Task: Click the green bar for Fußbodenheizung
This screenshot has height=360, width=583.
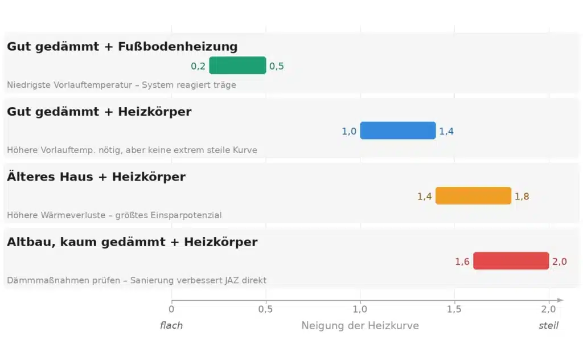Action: pos(237,66)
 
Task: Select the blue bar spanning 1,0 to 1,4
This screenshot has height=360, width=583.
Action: pos(397,130)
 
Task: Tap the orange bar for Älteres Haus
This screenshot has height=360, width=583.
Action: pos(473,196)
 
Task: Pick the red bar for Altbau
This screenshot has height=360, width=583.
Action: pos(511,261)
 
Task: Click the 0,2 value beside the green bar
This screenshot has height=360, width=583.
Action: pos(198,66)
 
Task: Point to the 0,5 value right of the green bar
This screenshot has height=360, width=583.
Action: pos(277,66)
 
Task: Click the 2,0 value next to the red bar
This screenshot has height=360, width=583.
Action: pos(559,261)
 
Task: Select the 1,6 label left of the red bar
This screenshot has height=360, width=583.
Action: pos(462,261)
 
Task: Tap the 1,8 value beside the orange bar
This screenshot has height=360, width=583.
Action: pos(522,197)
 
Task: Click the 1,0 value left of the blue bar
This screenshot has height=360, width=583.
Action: pos(349,131)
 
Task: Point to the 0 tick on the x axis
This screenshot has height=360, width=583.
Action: pos(171,309)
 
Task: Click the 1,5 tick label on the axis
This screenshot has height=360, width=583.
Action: pos(454,309)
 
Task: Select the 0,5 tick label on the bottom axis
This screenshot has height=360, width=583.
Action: pos(266,309)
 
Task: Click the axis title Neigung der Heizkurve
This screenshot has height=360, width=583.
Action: pos(360,326)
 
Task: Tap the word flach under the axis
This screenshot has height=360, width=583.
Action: pos(171,326)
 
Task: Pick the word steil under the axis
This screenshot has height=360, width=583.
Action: pos(548,326)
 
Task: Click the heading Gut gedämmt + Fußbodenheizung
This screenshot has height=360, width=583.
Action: pos(122,47)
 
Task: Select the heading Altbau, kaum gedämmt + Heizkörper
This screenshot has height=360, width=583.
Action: pos(132,242)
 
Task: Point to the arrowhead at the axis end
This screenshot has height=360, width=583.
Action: pos(560,300)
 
